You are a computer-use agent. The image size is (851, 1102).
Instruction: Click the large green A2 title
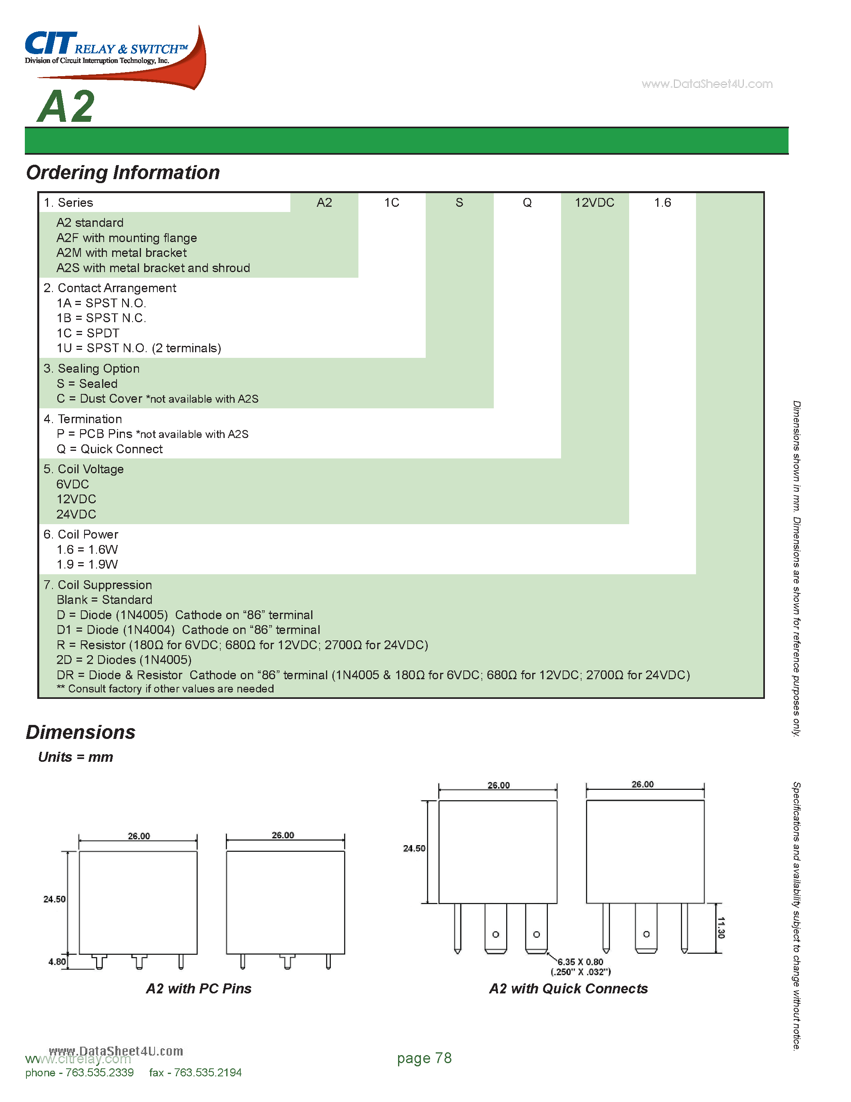click(66, 107)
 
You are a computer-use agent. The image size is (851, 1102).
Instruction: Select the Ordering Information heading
click(123, 173)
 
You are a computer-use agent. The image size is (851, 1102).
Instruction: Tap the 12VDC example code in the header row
click(594, 203)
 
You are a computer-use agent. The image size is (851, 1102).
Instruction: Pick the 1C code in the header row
click(392, 203)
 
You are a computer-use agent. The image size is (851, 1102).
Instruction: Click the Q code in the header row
click(527, 203)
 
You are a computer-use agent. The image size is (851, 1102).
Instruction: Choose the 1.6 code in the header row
click(662, 203)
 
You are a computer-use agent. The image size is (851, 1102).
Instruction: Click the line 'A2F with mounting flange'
click(127, 238)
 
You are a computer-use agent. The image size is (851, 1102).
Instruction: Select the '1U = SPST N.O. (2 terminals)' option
click(139, 348)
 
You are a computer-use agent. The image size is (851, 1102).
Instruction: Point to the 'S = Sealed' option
click(87, 384)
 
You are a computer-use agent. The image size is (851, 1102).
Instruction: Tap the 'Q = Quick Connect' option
click(109, 449)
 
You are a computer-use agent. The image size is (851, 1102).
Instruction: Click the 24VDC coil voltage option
click(76, 514)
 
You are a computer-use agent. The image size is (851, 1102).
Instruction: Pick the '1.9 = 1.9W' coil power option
click(87, 565)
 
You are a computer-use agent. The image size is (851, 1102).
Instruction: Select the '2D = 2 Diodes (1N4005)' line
click(124, 660)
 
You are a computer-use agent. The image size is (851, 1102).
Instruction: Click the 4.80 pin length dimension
click(57, 962)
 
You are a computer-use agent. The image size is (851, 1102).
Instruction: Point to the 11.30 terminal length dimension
click(721, 927)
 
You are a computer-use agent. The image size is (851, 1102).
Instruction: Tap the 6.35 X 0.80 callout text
click(580, 962)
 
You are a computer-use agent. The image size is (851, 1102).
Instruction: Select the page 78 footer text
click(424, 1058)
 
